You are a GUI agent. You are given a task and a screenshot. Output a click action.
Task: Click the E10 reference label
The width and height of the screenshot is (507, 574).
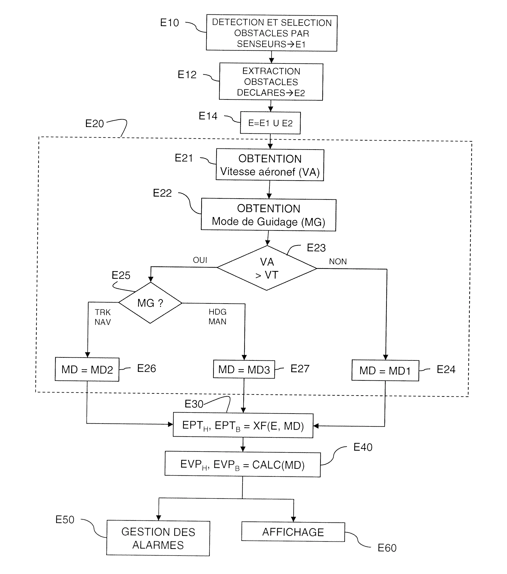(169, 23)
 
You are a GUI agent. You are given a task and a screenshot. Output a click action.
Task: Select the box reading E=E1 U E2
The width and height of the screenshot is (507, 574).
(270, 123)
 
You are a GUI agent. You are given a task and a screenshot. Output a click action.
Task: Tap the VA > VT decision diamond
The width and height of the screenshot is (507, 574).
(267, 268)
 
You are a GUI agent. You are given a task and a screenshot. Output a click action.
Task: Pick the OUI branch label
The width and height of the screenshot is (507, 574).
(200, 260)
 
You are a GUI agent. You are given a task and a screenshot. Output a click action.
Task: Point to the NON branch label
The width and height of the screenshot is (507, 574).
(338, 261)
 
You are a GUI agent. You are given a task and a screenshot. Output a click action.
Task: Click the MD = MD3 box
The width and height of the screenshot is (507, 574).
(244, 369)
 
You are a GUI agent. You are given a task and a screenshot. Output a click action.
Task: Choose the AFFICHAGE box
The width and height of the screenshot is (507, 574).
(293, 532)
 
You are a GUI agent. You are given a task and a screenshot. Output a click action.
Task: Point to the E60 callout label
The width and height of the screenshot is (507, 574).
(387, 548)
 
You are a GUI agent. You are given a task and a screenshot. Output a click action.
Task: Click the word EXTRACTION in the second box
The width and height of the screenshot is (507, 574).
(271, 71)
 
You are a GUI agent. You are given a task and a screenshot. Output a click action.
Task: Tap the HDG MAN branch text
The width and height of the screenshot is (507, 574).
(217, 317)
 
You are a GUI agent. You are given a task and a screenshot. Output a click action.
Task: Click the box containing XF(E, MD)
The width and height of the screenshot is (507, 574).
(243, 425)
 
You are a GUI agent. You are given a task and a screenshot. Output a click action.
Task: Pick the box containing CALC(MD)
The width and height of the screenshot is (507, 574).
(242, 464)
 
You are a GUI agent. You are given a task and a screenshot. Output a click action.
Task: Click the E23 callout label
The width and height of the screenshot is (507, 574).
(316, 248)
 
